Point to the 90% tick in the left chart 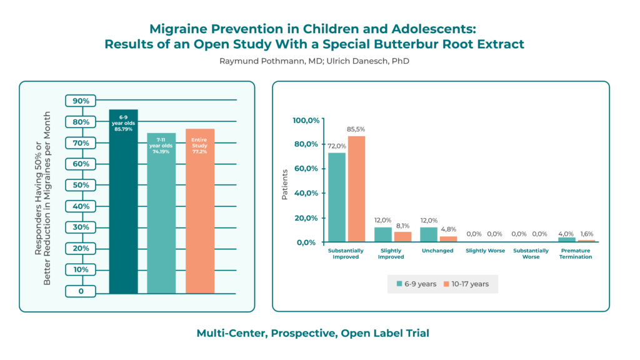pyautogui.click(x=81, y=101)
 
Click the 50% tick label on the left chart pyautogui.click(x=81, y=185)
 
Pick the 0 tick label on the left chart pyautogui.click(x=81, y=291)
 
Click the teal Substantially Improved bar pyautogui.click(x=337, y=197)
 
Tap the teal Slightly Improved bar pyautogui.click(x=382, y=234)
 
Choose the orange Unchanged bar pyautogui.click(x=448, y=239)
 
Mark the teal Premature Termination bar pyautogui.click(x=566, y=239)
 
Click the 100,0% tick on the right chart pyautogui.click(x=307, y=119)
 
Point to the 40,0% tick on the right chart pyautogui.click(x=307, y=193)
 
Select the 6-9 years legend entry pyautogui.click(x=417, y=284)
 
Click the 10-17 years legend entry pyautogui.click(x=467, y=284)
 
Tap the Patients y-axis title pyautogui.click(x=285, y=184)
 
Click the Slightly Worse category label pyautogui.click(x=484, y=251)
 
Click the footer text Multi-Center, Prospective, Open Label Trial pyautogui.click(x=313, y=333)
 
